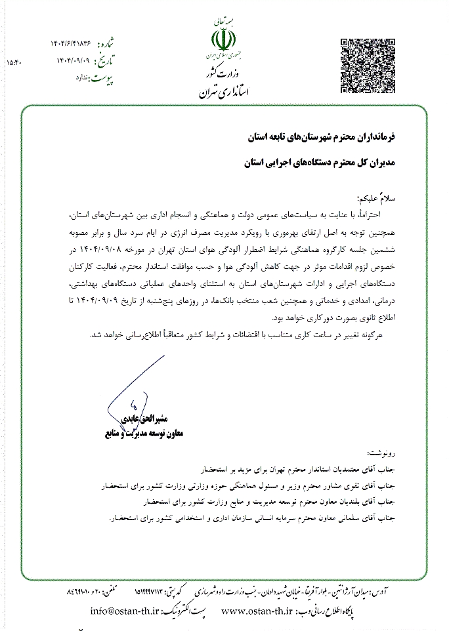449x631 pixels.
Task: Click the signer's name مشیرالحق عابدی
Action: [x=148, y=418]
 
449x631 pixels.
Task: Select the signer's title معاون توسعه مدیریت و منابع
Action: [x=144, y=434]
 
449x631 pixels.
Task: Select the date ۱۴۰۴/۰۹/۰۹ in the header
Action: [x=71, y=62]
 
